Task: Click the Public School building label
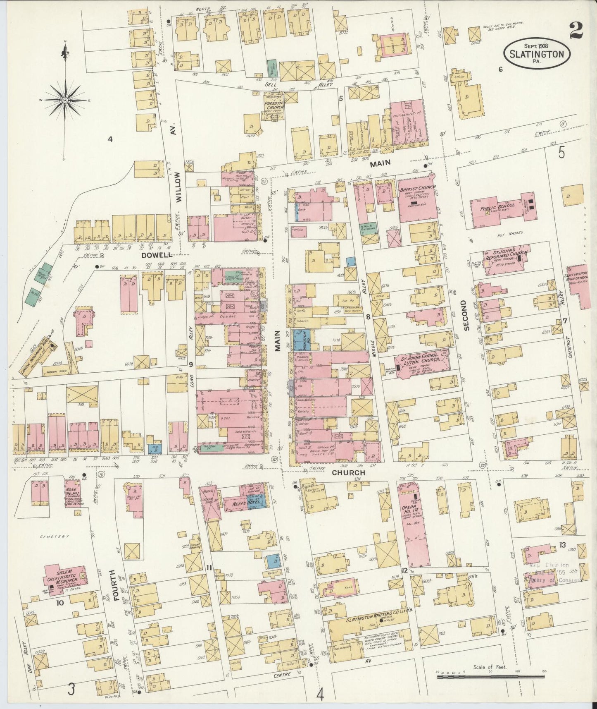500,206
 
